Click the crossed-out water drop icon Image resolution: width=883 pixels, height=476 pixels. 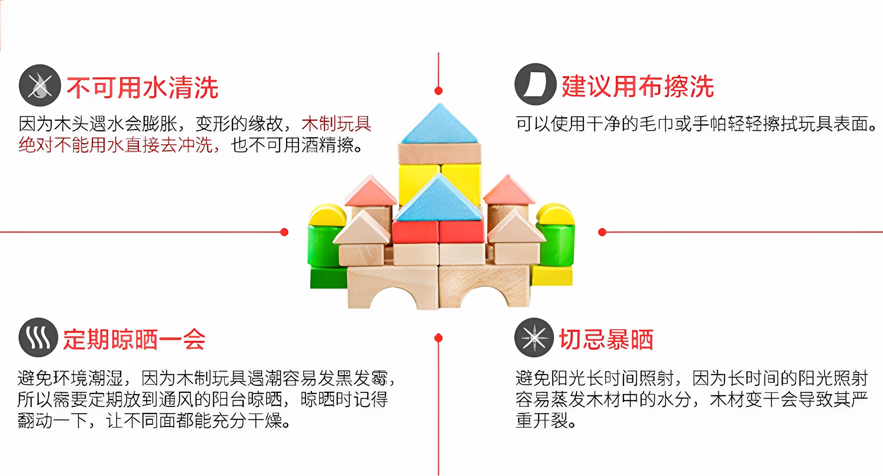(40, 85)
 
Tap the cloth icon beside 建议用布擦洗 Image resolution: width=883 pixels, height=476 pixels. (535, 84)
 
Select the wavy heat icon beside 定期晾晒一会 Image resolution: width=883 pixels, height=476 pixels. (38, 337)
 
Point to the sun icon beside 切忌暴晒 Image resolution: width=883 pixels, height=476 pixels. (534, 337)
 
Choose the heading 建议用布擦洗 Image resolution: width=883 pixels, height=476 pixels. (638, 86)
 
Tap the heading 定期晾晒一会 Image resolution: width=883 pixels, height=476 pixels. (134, 339)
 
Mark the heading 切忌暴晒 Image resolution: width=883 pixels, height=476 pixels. (606, 339)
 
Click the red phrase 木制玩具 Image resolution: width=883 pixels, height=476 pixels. (336, 124)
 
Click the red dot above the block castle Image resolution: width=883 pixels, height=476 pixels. (438, 91)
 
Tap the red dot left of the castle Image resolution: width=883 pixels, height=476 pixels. (284, 232)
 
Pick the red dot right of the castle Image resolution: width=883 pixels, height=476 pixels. (602, 232)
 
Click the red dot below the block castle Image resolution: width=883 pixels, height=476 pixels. (438, 338)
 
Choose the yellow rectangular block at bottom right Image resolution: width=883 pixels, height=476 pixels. (552, 275)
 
